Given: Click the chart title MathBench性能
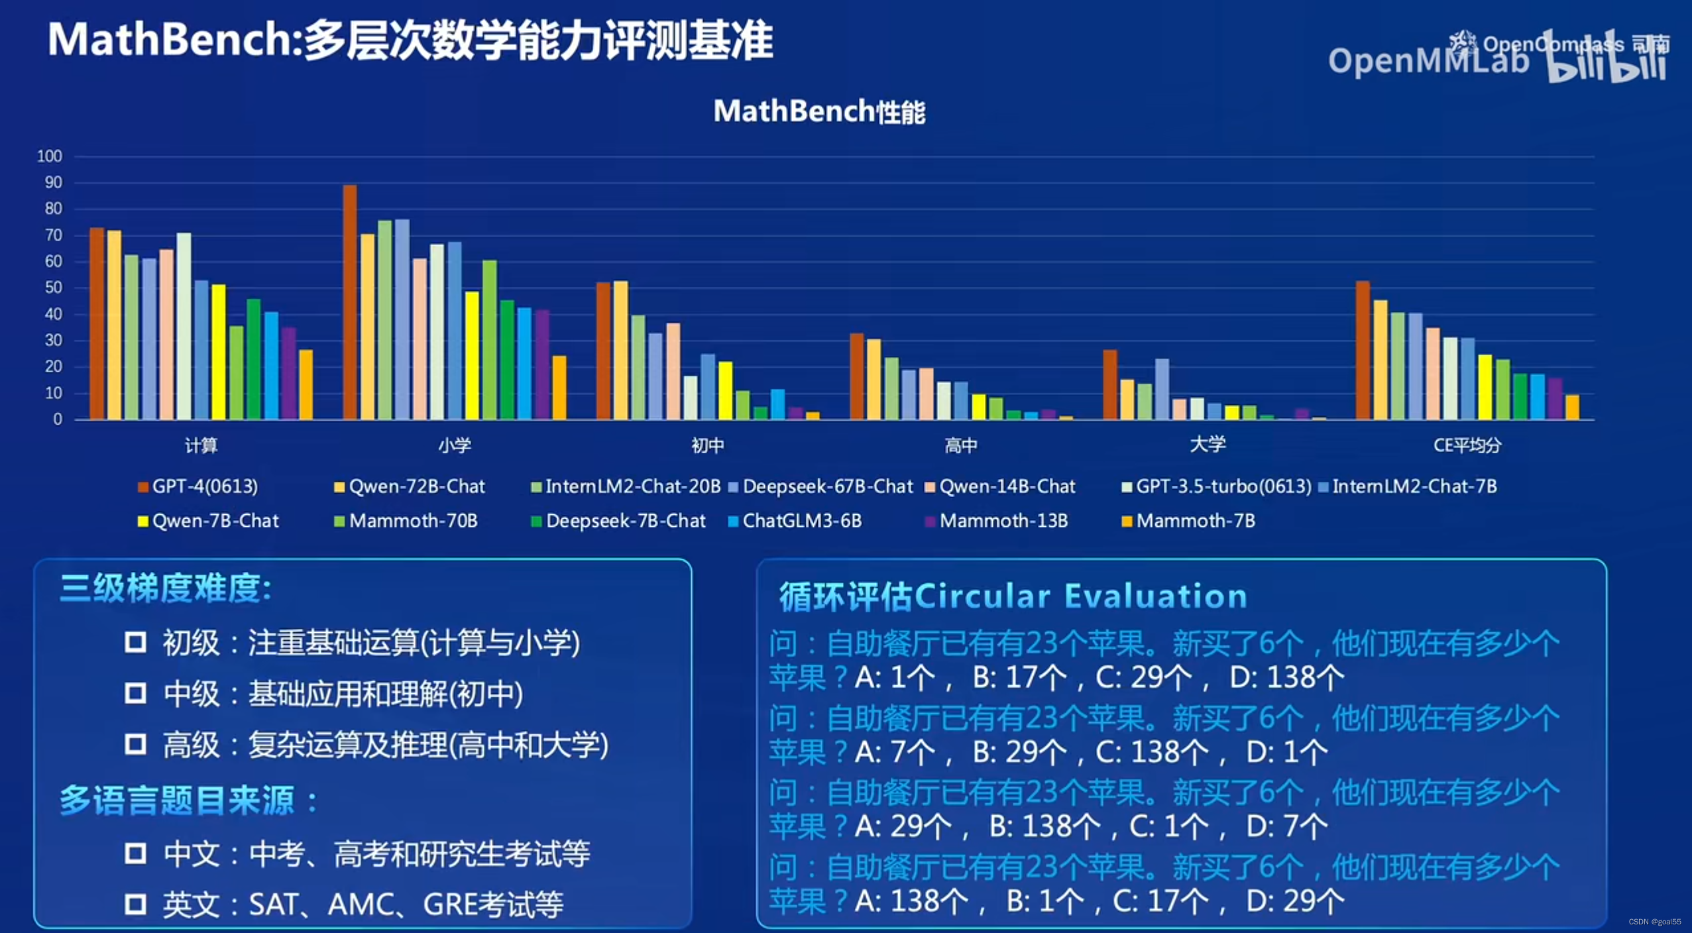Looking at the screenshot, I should click(x=819, y=111).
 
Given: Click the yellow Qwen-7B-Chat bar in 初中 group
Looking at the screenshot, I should click(x=726, y=390).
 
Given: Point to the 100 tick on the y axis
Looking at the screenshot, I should click(x=50, y=156).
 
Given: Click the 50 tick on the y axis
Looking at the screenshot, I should click(x=53, y=288).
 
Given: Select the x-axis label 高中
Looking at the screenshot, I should click(x=960, y=445).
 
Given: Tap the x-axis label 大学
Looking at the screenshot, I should click(x=1208, y=444).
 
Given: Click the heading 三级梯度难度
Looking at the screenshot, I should click(x=166, y=588).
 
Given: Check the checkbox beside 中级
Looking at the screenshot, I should click(x=135, y=693).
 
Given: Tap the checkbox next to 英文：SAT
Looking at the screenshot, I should click(x=135, y=904).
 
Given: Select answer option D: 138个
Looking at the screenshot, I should click(x=1286, y=677).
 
